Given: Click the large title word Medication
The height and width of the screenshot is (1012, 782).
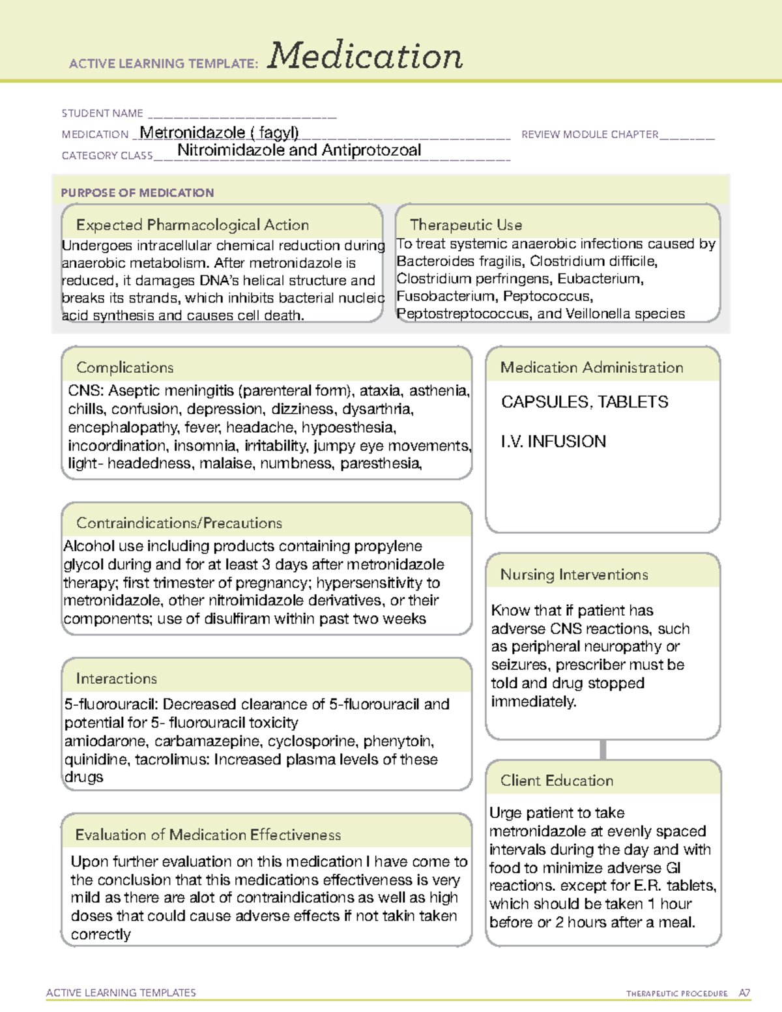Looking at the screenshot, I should coord(365,56).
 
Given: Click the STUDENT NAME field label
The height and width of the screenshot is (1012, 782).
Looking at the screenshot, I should coord(102,113).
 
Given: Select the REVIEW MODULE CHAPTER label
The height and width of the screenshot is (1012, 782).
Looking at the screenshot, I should coord(590,134).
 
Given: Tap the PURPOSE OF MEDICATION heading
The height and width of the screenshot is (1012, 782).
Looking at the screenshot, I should coord(138,193).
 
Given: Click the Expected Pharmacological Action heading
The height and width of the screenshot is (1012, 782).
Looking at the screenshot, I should coord(192,225).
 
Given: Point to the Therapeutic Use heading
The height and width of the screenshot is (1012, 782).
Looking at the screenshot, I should coord(466,225).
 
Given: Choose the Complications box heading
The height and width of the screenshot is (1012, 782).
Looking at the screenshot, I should coord(125,368).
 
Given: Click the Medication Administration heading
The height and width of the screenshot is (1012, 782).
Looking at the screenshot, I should coord(592,368).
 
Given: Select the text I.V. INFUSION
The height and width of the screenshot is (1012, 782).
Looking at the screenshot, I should coord(553,442).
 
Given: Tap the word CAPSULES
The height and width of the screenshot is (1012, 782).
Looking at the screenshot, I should coord(544,402).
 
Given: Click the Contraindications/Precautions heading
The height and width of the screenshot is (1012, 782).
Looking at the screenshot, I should coord(179,523).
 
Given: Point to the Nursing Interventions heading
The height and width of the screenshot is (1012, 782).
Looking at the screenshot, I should coord(574,575).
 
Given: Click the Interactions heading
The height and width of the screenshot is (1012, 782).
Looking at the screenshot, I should coord(117,678).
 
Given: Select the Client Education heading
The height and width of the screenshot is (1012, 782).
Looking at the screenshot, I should coord(557,781).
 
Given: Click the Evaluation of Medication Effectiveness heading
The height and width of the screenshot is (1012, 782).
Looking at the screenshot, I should coord(208,835).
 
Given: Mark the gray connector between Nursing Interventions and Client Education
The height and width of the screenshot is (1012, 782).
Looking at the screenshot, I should coord(603,749).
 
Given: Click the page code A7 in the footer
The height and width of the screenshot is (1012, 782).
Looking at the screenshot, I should coord(744,993).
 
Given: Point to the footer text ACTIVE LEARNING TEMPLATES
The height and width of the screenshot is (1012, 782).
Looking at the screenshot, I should coord(121,992).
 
